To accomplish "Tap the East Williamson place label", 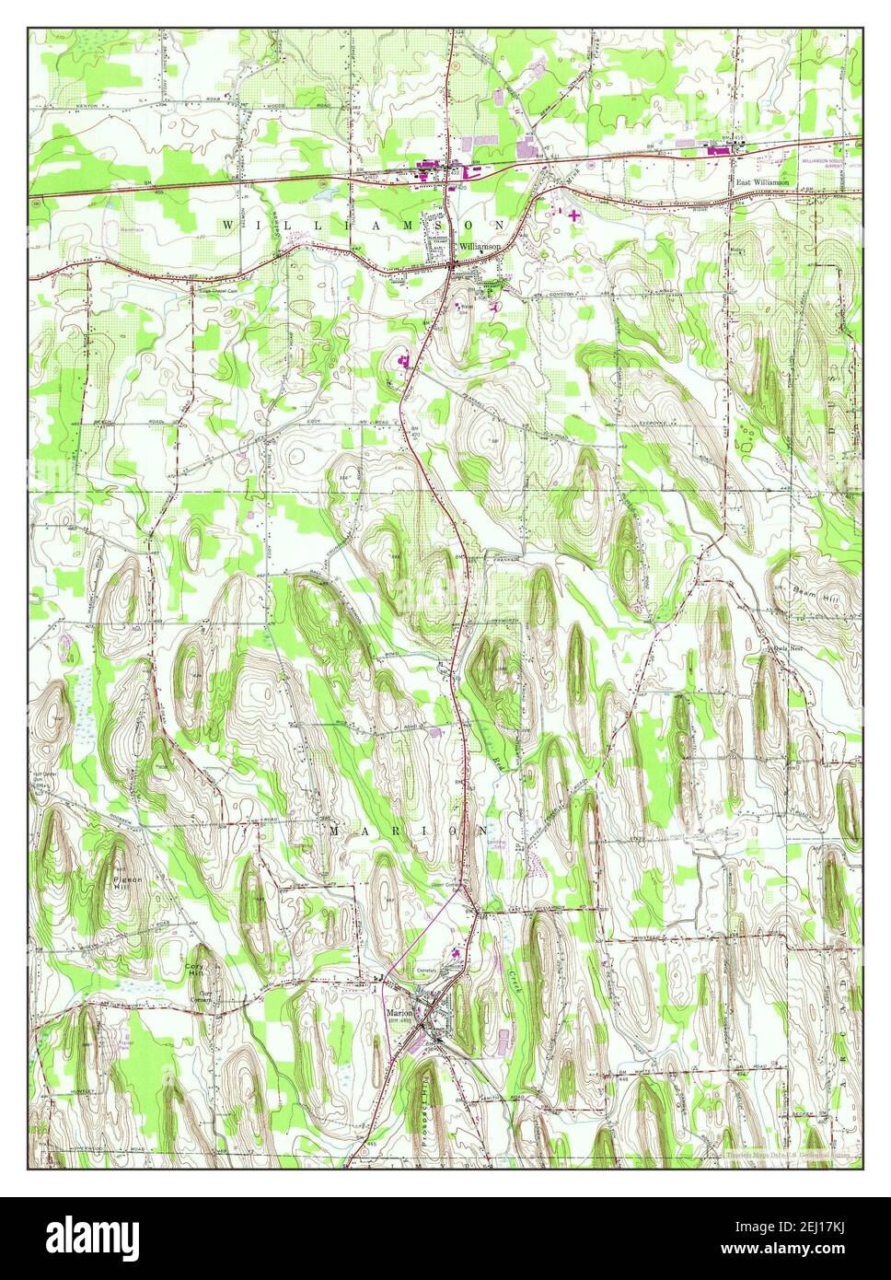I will tap(762, 183).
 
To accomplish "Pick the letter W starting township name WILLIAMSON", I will tap(226, 225).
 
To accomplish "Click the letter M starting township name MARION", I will tap(335, 831).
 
